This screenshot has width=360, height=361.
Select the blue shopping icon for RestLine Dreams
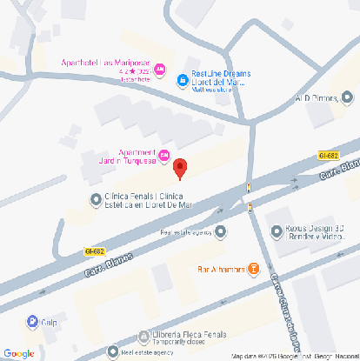tap(183, 81)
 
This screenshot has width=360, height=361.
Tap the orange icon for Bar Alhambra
tap(254, 269)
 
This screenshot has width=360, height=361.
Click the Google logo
tap(18, 353)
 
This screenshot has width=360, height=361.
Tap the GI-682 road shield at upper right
tap(328, 155)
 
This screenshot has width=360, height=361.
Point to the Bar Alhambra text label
tap(223, 269)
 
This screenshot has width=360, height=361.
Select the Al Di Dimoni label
tap(317, 98)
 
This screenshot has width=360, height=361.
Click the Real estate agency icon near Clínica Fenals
tap(220, 231)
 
